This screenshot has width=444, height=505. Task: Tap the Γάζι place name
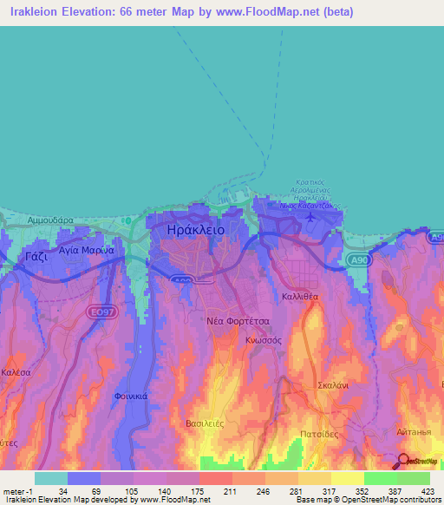pyautogui.click(x=35, y=257)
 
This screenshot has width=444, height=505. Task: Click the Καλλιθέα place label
pyautogui.click(x=300, y=296)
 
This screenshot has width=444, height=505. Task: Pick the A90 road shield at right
pyautogui.click(x=354, y=259)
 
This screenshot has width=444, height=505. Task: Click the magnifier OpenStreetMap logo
pyautogui.click(x=403, y=462)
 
